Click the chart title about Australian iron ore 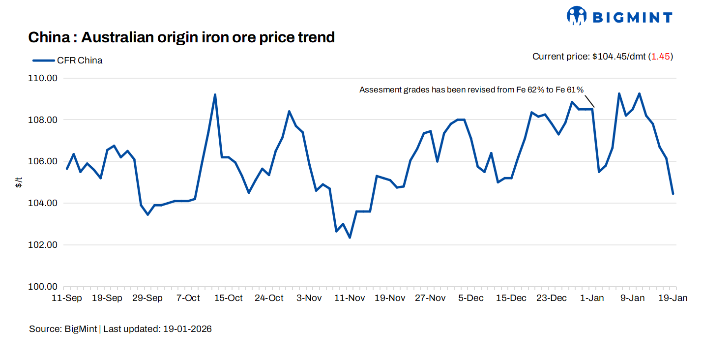(x=181, y=37)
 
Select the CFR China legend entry (x=68, y=60)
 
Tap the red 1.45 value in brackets (x=660, y=57)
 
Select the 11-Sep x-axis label (x=67, y=298)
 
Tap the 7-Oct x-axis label (x=188, y=298)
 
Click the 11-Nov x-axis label (x=350, y=298)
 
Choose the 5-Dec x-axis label (x=471, y=298)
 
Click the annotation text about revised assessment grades (x=471, y=90)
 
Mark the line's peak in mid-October (x=215, y=95)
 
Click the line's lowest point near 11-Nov (x=350, y=238)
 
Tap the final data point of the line (x=673, y=194)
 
